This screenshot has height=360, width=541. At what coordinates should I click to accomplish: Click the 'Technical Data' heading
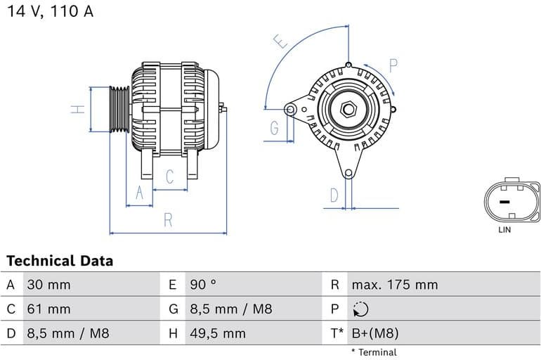pyautogui.click(x=60, y=261)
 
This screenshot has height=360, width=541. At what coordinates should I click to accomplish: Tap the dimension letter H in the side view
pyautogui.click(x=79, y=109)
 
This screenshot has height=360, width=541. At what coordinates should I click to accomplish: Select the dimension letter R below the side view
pyautogui.click(x=168, y=220)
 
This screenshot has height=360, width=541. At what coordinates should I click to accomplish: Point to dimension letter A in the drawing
pyautogui.click(x=139, y=193)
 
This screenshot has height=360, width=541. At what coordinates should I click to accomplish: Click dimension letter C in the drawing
pyautogui.click(x=169, y=177)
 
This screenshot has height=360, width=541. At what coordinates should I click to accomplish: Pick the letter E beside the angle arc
pyautogui.click(x=281, y=41)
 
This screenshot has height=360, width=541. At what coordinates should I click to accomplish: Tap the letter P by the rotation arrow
pyautogui.click(x=393, y=66)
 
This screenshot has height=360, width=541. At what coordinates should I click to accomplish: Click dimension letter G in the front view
pyautogui.click(x=274, y=128)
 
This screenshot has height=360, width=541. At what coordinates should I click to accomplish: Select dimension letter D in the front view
pyautogui.click(x=334, y=194)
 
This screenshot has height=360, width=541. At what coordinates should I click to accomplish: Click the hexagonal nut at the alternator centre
pyautogui.click(x=349, y=110)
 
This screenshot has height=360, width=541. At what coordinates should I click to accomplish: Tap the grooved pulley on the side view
pyautogui.click(x=119, y=109)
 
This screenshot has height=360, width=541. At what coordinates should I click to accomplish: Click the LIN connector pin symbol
pyautogui.click(x=505, y=202)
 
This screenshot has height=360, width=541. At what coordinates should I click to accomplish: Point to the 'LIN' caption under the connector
pyautogui.click(x=504, y=230)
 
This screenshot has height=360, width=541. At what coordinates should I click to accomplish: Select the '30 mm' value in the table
pyautogui.click(x=48, y=285)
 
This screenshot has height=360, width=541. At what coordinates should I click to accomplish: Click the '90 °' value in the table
pyautogui.click(x=203, y=285)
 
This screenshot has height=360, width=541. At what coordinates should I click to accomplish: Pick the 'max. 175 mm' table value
pyautogui.click(x=394, y=285)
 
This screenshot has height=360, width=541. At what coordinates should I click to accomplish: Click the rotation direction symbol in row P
pyautogui.click(x=360, y=309)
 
